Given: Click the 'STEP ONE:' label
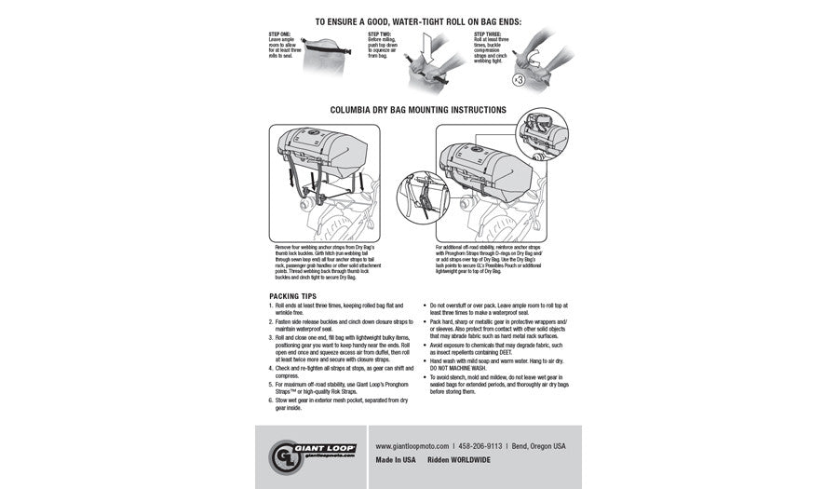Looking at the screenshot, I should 278,34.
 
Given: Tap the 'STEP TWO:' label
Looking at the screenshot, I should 379,34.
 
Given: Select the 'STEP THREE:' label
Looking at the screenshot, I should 488,34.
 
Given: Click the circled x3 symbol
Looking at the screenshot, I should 517,79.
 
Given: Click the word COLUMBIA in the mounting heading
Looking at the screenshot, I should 352,109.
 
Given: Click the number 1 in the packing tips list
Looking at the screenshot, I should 269,305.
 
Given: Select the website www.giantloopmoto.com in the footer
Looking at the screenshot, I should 412,446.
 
